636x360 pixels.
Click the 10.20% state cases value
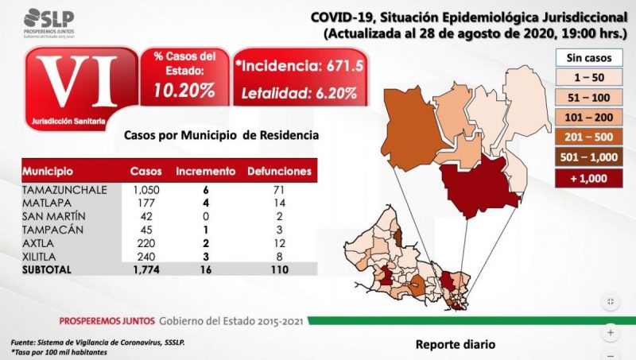(184, 90)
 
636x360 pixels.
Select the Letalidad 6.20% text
(299, 93)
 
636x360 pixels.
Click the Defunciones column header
(278, 171)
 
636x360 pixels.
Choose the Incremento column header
(205, 171)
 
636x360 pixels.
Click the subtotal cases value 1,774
(146, 269)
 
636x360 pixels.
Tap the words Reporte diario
(456, 345)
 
